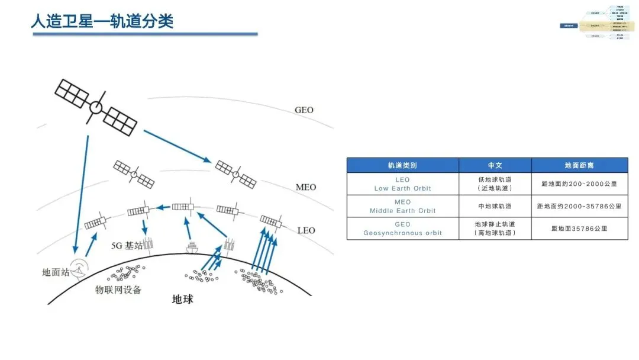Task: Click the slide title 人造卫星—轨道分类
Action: (102, 21)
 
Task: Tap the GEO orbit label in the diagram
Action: (304, 110)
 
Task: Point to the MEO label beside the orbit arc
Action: (306, 187)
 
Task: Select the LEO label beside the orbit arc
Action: (306, 230)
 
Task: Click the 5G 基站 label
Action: (127, 245)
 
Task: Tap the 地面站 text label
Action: (56, 272)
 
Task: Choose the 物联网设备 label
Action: (118, 290)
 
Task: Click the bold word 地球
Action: (182, 299)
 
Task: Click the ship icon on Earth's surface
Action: (192, 247)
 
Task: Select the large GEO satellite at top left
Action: (96, 108)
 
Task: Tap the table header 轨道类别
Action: (402, 165)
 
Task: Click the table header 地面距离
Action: (579, 165)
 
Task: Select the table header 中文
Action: (495, 165)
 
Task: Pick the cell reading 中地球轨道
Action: (495, 206)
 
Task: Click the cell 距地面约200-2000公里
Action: (579, 184)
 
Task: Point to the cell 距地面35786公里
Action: (579, 229)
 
